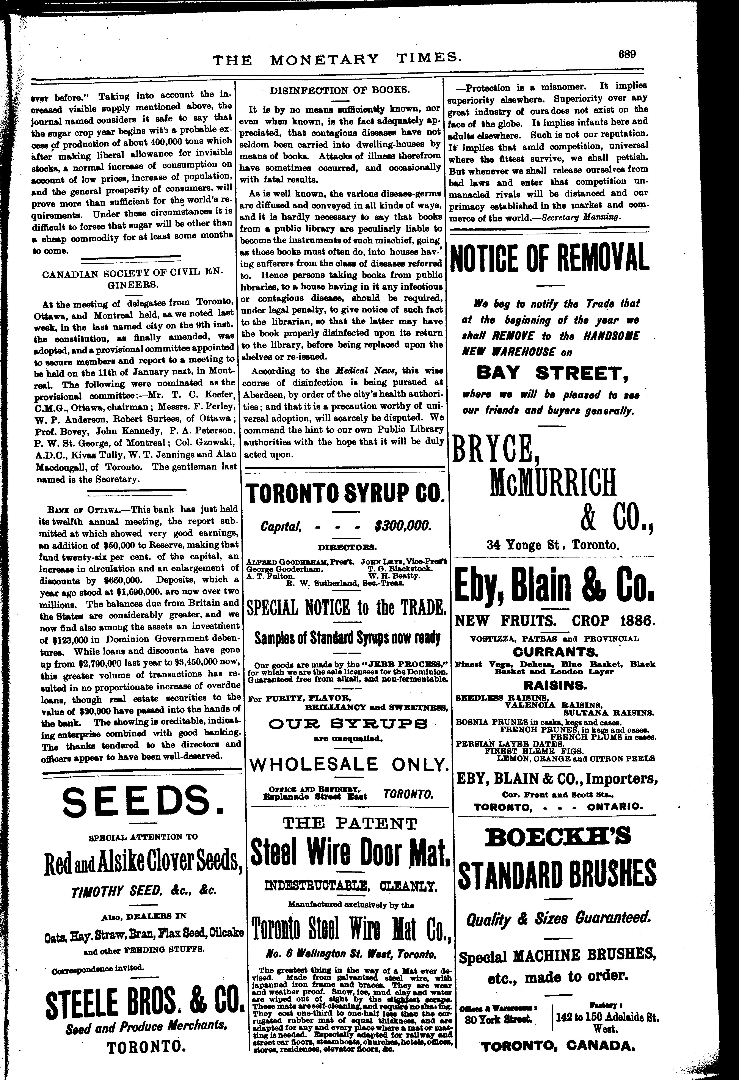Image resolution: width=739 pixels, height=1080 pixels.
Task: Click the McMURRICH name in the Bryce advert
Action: [x=553, y=482]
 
